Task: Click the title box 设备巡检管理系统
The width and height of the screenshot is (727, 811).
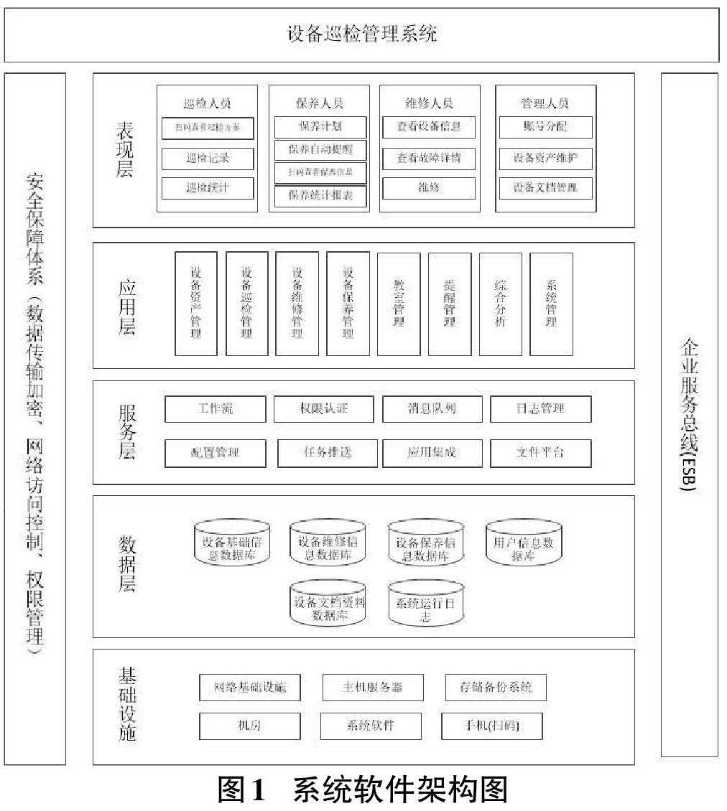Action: (362, 34)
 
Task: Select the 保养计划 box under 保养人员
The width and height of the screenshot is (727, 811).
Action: (320, 128)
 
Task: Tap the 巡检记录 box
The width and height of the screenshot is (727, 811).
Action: (208, 158)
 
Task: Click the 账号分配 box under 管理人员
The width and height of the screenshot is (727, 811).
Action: (545, 128)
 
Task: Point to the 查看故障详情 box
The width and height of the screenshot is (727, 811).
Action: (428, 158)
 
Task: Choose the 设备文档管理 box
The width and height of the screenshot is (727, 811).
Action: (545, 188)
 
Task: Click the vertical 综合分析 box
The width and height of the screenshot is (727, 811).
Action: (501, 304)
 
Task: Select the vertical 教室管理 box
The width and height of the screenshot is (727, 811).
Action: (399, 304)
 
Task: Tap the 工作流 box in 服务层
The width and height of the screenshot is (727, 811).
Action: (215, 409)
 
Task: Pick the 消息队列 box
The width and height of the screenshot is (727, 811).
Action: (429, 409)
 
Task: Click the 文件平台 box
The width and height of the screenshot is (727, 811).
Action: (540, 453)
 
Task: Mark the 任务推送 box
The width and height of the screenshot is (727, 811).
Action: (328, 453)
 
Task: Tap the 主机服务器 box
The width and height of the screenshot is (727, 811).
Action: (373, 687)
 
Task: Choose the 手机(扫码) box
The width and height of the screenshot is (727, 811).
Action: (491, 726)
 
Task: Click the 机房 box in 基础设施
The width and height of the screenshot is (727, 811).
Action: (249, 726)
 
